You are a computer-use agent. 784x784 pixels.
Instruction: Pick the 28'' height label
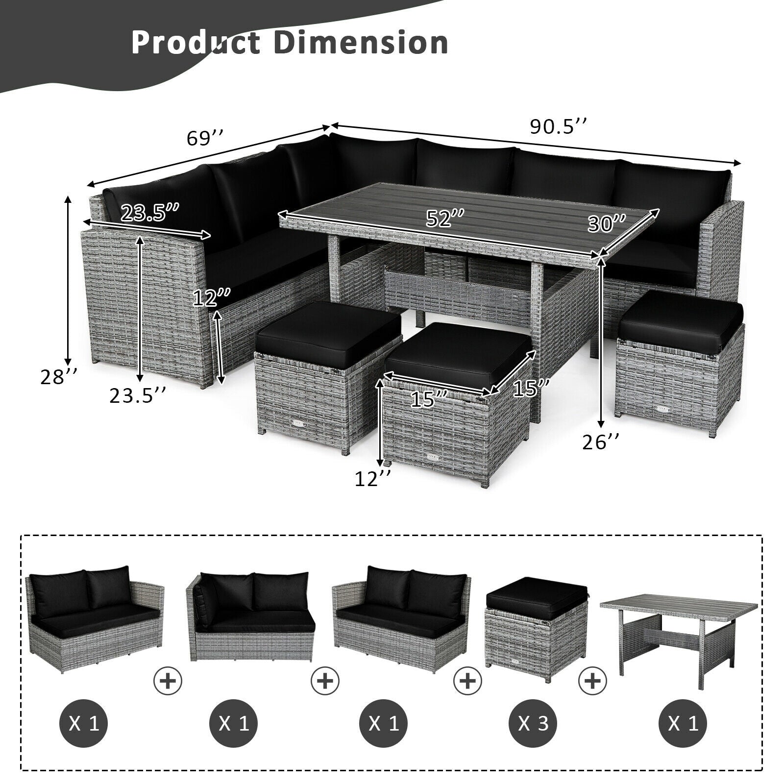coord(59,377)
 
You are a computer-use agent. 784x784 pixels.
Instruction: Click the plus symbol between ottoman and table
coord(593,680)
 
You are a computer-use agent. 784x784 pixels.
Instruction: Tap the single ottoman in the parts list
coord(536,622)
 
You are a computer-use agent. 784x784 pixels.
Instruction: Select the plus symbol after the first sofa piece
coord(168,680)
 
